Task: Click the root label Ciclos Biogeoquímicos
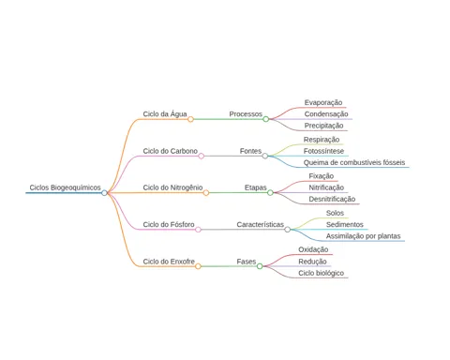[65, 187]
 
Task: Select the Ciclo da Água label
[165, 113]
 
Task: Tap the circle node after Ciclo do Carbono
[202, 156]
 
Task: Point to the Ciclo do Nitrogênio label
[172, 187]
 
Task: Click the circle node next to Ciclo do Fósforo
[198, 230]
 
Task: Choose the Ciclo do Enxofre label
[169, 262]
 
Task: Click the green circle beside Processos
[265, 119]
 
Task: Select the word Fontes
[250, 151]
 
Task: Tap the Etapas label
[255, 187]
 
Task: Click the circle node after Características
[288, 230]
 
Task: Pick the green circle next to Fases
[260, 266]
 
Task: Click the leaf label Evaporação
[323, 102]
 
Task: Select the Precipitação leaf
[323, 126]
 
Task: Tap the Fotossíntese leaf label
[323, 151]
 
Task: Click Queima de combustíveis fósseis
[354, 162]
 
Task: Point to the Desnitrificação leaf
[332, 199]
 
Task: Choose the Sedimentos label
[344, 224]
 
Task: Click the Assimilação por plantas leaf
[363, 236]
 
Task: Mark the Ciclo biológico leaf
[321, 273]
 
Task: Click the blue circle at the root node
[104, 193]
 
